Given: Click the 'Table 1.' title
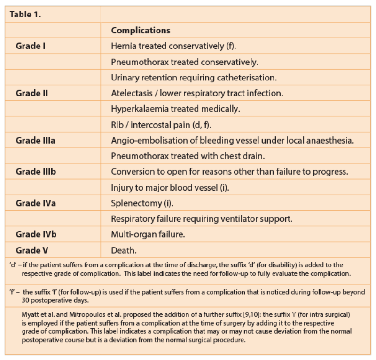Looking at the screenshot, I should point(25,14).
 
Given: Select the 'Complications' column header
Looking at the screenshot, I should point(141,31).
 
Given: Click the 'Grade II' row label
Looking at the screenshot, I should point(32,93).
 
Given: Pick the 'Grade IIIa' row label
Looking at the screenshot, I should point(36,140).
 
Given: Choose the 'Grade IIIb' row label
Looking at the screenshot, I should point(36,171).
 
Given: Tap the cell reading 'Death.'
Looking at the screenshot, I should point(124,250).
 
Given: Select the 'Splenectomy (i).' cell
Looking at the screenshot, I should point(140,203).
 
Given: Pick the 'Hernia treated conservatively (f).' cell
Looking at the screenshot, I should point(173,46).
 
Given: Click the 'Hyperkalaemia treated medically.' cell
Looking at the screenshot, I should point(175,109).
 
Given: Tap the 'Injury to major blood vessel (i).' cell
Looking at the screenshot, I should point(170,187).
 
